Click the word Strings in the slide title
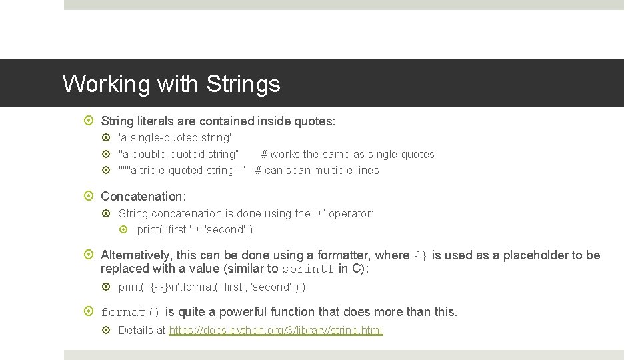[x=243, y=85]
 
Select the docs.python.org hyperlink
[x=276, y=331]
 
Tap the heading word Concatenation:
[x=143, y=196]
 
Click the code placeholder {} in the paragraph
[x=421, y=255]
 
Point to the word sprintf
[x=308, y=269]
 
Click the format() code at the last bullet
[x=131, y=312]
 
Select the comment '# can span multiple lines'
[x=317, y=171]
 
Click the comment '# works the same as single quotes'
[x=347, y=155]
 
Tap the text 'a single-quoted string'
[x=175, y=138]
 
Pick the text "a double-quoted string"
[x=179, y=155]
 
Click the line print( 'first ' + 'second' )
[x=195, y=230]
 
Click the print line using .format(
[x=212, y=287]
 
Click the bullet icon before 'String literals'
[x=91, y=121]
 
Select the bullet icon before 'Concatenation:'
[x=91, y=196]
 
